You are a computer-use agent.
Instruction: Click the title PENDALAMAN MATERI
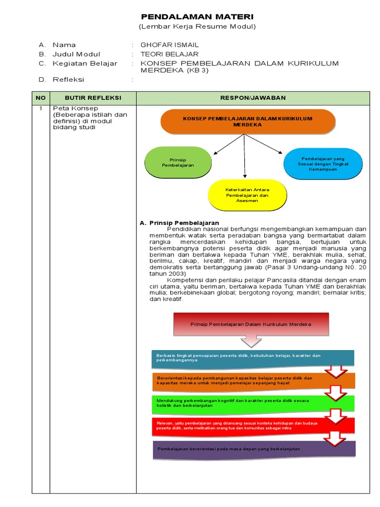[197, 17]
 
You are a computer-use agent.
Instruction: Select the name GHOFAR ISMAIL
[170, 45]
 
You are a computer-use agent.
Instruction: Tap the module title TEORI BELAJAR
[170, 54]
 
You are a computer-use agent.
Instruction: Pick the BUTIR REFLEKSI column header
[93, 98]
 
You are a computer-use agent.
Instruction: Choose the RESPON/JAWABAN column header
[253, 98]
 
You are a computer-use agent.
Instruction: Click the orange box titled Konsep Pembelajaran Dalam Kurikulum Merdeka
[247, 122]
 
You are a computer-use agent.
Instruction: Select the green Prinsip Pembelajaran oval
[178, 162]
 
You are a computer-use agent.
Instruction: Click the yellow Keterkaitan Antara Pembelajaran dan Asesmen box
[246, 195]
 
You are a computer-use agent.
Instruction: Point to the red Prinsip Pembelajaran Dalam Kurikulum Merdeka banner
[251, 324]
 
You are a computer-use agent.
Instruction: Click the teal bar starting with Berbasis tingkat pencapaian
[252, 358]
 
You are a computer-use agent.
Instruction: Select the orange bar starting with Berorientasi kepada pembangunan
[252, 381]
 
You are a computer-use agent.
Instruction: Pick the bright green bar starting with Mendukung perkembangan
[252, 403]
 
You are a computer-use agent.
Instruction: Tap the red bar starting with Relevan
[252, 426]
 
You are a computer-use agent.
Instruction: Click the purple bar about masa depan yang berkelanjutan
[252, 449]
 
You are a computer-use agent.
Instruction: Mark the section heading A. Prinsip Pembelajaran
[180, 223]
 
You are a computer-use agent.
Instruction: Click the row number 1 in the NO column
[41, 108]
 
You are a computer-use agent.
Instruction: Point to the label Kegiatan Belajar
[85, 63]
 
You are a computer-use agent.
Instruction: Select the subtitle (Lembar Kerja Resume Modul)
[197, 27]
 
